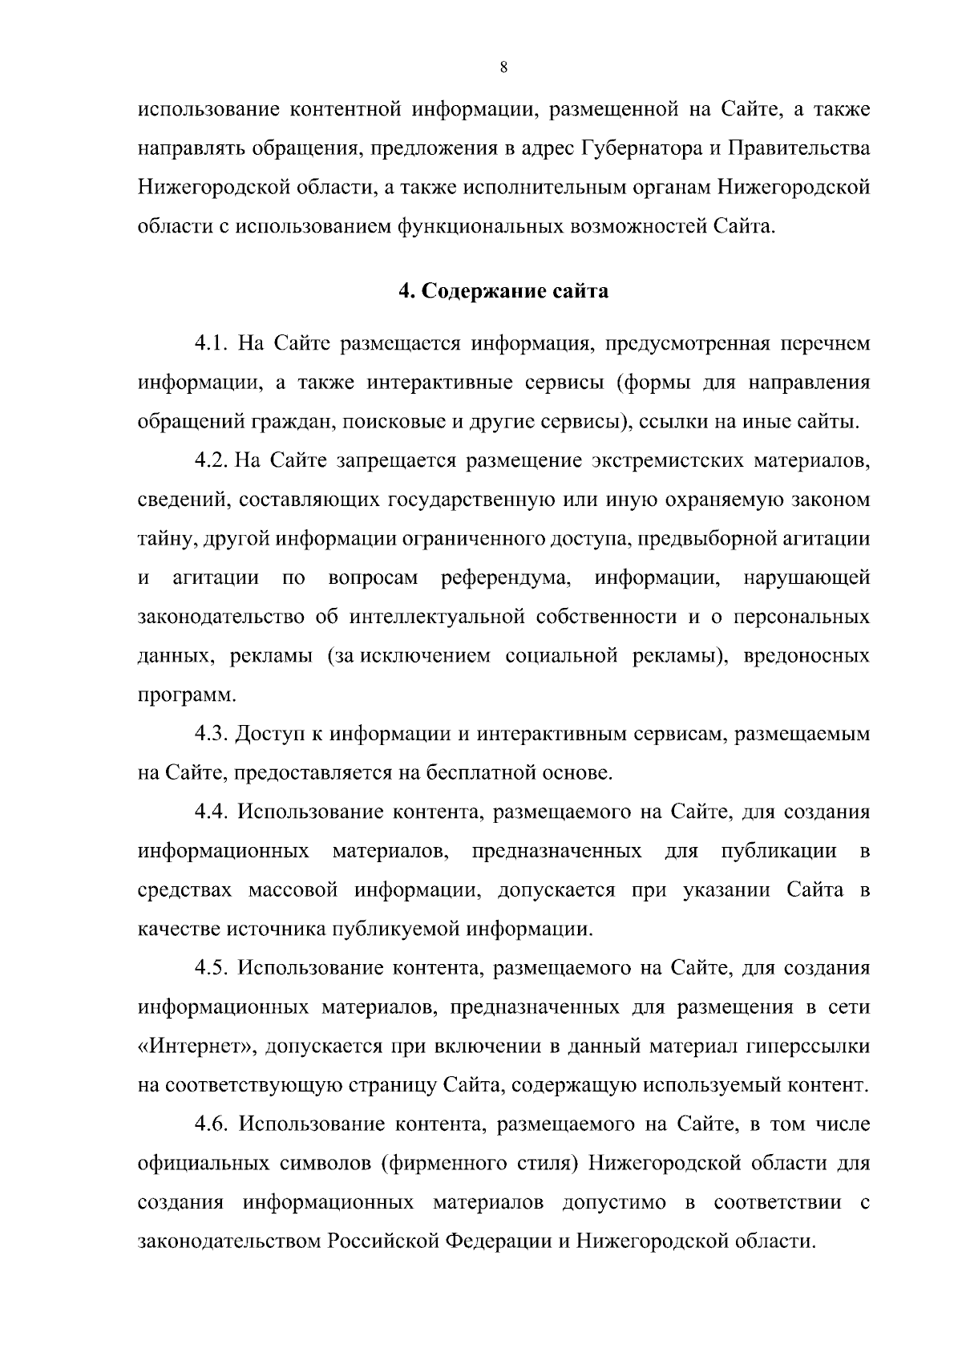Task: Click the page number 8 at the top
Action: click(503, 68)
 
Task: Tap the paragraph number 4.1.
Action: click(212, 344)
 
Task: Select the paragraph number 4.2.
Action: click(212, 461)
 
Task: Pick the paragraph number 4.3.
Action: click(212, 734)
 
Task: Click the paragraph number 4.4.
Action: click(212, 812)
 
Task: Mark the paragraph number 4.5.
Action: click(212, 968)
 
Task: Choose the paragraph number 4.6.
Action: click(212, 1124)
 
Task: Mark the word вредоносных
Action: click(807, 656)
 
